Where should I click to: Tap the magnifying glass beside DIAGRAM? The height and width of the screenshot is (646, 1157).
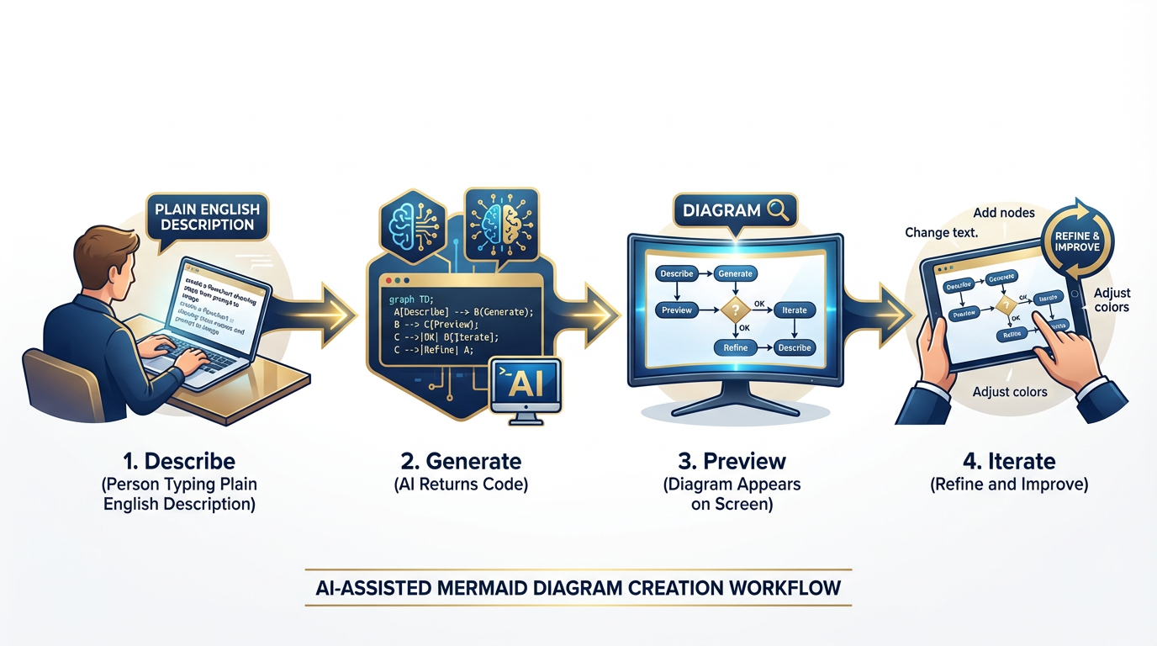point(777,210)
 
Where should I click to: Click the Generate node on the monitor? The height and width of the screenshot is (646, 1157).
point(735,273)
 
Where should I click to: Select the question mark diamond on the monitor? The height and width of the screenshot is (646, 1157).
point(735,310)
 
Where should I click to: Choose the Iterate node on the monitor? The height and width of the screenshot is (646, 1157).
point(794,310)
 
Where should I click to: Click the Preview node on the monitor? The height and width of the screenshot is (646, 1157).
point(677,310)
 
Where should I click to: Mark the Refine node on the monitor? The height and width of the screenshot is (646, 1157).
point(735,347)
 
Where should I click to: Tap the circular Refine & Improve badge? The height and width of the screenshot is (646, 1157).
point(1077,241)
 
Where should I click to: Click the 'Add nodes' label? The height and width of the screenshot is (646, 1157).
point(1003,212)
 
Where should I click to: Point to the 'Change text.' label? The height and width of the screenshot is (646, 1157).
point(941,232)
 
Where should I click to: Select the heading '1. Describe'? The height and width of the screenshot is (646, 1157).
point(178,461)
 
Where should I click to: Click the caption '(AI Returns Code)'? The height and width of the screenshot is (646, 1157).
point(461,484)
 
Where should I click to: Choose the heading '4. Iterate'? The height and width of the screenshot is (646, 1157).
point(1009,461)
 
